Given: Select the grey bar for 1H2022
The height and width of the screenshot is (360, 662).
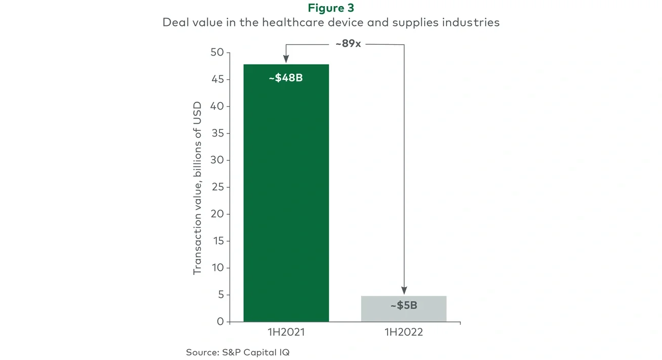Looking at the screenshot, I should [404, 309].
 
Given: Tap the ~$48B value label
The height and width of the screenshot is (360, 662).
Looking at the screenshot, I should [286, 78].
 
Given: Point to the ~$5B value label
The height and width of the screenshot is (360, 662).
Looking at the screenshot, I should [404, 306].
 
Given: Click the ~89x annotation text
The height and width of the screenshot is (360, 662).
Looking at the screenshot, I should [348, 44].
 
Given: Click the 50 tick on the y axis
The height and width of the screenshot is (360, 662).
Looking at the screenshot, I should [217, 52].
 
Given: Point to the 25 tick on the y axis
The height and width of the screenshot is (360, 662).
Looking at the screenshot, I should [217, 187].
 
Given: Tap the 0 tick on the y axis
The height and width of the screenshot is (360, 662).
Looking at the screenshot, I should [220, 321].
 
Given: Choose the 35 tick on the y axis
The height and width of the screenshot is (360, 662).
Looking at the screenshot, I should [217, 133].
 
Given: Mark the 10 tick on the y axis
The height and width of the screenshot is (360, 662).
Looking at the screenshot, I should [217, 268].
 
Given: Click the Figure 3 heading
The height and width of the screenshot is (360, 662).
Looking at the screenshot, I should [331, 8].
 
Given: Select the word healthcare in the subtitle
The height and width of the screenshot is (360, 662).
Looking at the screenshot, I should [268, 22].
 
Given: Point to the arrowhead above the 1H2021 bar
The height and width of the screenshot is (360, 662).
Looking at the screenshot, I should [286, 60].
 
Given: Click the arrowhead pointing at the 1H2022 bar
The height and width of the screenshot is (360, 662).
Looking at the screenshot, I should [404, 291].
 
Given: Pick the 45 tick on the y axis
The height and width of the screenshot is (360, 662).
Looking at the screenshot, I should [217, 79].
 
